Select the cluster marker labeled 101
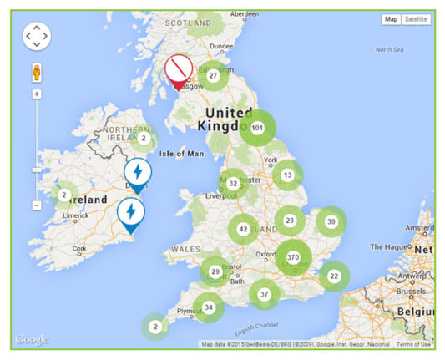pyautogui.click(x=257, y=128)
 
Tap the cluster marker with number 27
pyautogui.click(x=214, y=76)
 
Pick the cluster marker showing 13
pyautogui.click(x=288, y=175)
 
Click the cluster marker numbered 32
pyautogui.click(x=233, y=183)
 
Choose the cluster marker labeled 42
pyautogui.click(x=243, y=229)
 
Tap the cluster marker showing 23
pyautogui.click(x=290, y=221)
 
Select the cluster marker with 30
pyautogui.click(x=331, y=221)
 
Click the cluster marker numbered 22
pyautogui.click(x=334, y=276)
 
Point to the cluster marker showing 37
pyautogui.click(x=264, y=294)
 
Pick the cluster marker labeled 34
pyautogui.click(x=209, y=307)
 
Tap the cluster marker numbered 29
pyautogui.click(x=215, y=271)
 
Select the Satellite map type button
pyautogui.click(x=415, y=18)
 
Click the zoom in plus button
pyautogui.click(x=37, y=94)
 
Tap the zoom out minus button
pyautogui.click(x=37, y=205)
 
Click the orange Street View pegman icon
pyautogui.click(x=37, y=70)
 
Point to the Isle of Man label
pyautogui.click(x=181, y=154)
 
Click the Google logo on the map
pyautogui.click(x=32, y=339)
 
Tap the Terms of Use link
pyautogui.click(x=413, y=344)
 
